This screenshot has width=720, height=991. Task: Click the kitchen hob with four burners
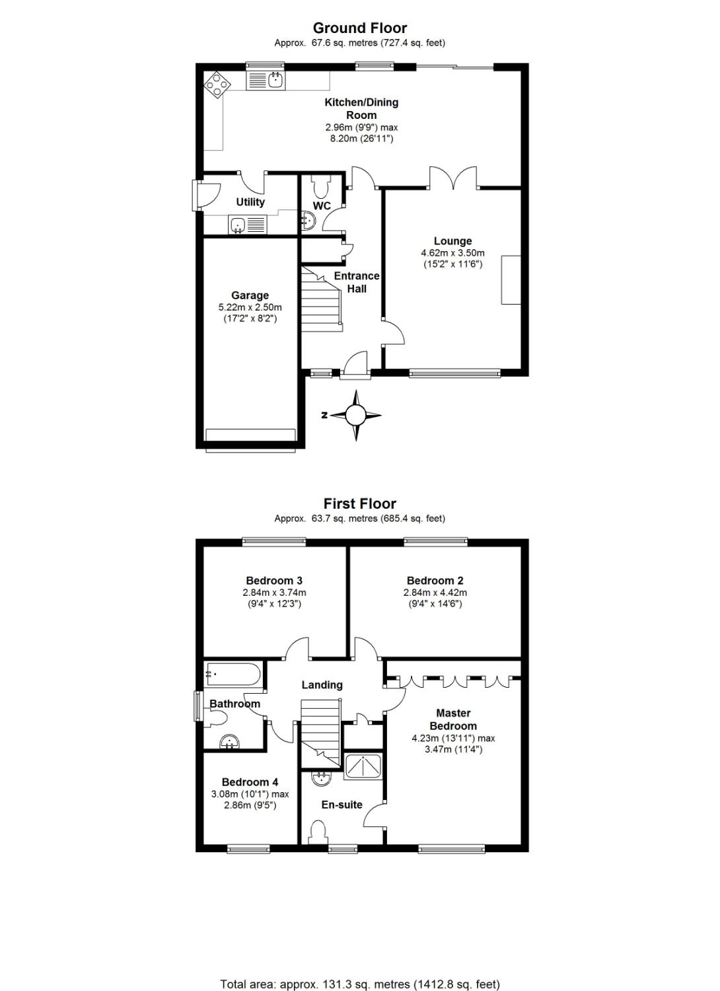point(217,84)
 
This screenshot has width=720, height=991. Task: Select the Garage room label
point(250,295)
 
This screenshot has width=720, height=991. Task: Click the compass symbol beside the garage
point(355,415)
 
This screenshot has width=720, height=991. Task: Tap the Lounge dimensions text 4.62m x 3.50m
point(452,253)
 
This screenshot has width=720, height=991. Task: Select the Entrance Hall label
point(357,282)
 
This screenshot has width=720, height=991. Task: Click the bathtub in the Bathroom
point(233,674)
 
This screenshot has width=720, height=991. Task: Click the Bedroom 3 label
point(274,581)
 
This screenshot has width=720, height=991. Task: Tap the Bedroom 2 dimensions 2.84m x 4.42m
point(435,593)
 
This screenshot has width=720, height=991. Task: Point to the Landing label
point(322,685)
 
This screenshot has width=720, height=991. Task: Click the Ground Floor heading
point(360,28)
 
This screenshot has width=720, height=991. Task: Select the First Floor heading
point(360,503)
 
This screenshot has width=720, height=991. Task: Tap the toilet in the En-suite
point(318,832)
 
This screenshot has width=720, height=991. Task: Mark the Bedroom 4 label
point(250,782)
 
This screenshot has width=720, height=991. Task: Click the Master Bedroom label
point(453,719)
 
